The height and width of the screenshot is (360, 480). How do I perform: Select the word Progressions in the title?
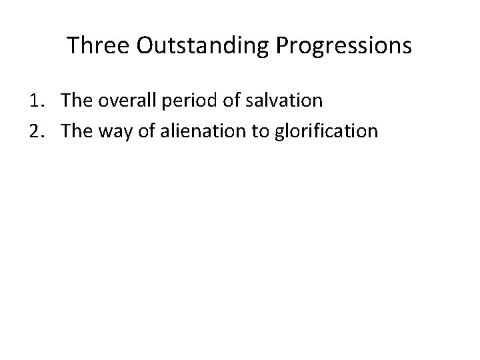tap(341, 46)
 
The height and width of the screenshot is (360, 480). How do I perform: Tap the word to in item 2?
tap(259, 131)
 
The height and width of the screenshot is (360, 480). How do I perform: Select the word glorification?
tap(325, 131)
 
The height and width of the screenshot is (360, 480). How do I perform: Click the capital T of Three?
tap(73, 46)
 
